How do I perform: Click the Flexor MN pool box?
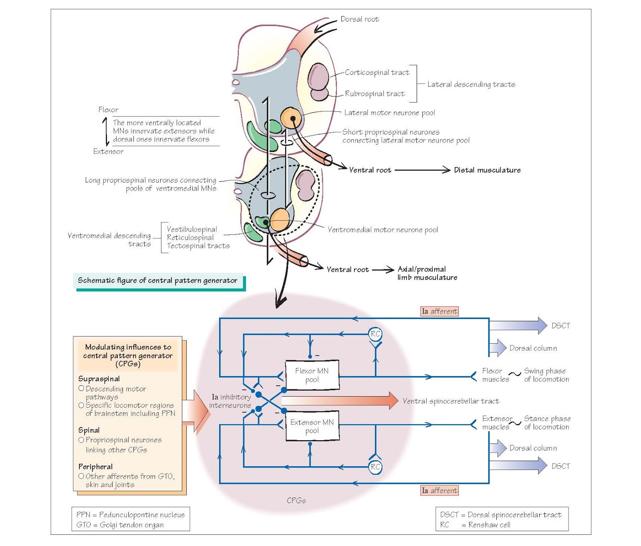pyautogui.click(x=312, y=375)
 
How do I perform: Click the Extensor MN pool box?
pyautogui.click(x=312, y=426)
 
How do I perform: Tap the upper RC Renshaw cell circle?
pyautogui.click(x=375, y=334)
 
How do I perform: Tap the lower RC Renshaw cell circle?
pyautogui.click(x=375, y=467)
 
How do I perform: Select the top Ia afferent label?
pyautogui.click(x=439, y=311)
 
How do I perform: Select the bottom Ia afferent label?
pyautogui.click(x=439, y=490)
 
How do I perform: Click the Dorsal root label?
pyautogui.click(x=359, y=19)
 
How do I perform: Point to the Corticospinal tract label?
pyautogui.click(x=377, y=73)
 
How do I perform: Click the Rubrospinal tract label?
pyautogui.click(x=375, y=94)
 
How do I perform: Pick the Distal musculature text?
pyautogui.click(x=487, y=170)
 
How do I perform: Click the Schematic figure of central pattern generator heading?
pyautogui.click(x=157, y=280)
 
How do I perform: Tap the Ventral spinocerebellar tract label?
pyautogui.click(x=451, y=401)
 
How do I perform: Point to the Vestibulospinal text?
pyautogui.click(x=192, y=229)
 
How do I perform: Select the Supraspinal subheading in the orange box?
pyautogui.click(x=99, y=379)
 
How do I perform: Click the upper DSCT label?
pyautogui.click(x=560, y=326)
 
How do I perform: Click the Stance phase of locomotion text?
pyautogui.click(x=547, y=423)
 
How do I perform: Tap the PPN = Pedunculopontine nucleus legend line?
pyautogui.click(x=131, y=515)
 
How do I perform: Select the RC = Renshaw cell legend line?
pyautogui.click(x=475, y=525)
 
